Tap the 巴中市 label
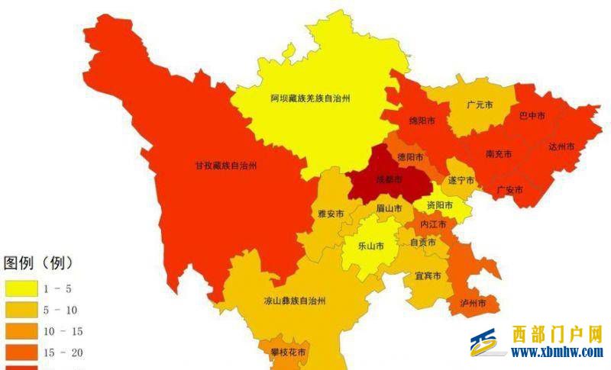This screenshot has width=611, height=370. pyautogui.click(x=532, y=116)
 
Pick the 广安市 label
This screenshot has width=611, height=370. pyautogui.click(x=509, y=189)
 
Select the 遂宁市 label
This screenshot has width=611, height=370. pyautogui.click(x=461, y=181)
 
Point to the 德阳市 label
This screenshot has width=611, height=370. pyautogui.click(x=410, y=157)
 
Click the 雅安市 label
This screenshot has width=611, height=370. pyautogui.click(x=331, y=214)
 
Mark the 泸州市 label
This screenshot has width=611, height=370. pyautogui.click(x=474, y=304)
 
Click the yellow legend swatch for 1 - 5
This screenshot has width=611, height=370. pyautogui.click(x=23, y=288)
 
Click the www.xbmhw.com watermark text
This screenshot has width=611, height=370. pyautogui.click(x=557, y=352)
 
